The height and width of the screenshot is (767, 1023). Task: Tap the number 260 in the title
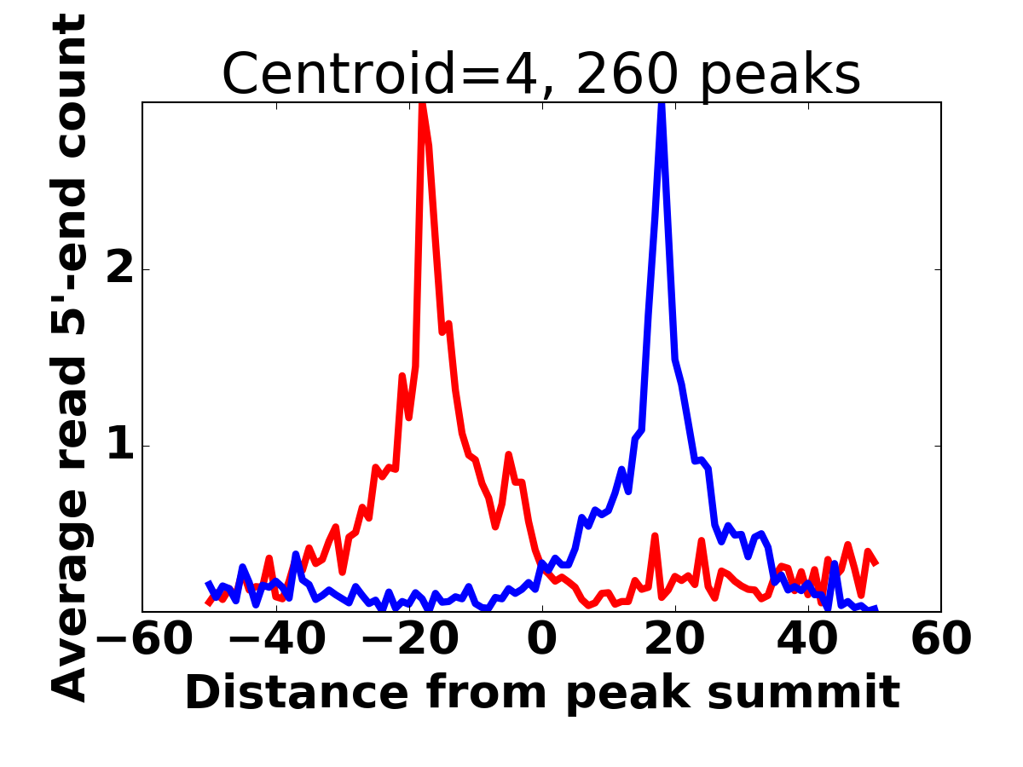coord(627,75)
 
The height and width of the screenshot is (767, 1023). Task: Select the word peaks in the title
coord(784,75)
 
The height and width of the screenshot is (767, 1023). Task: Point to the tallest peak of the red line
coord(422,106)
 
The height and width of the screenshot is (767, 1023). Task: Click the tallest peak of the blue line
coord(662,106)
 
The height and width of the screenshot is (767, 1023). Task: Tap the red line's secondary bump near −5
coord(508,456)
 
